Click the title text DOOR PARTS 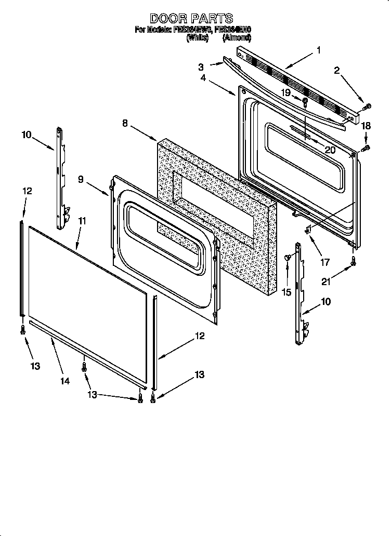191,19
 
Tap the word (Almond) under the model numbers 237,38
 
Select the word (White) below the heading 197,38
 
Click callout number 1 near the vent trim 318,50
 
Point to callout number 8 125,123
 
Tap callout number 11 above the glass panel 82,221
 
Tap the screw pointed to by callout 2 367,106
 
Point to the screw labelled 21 353,263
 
